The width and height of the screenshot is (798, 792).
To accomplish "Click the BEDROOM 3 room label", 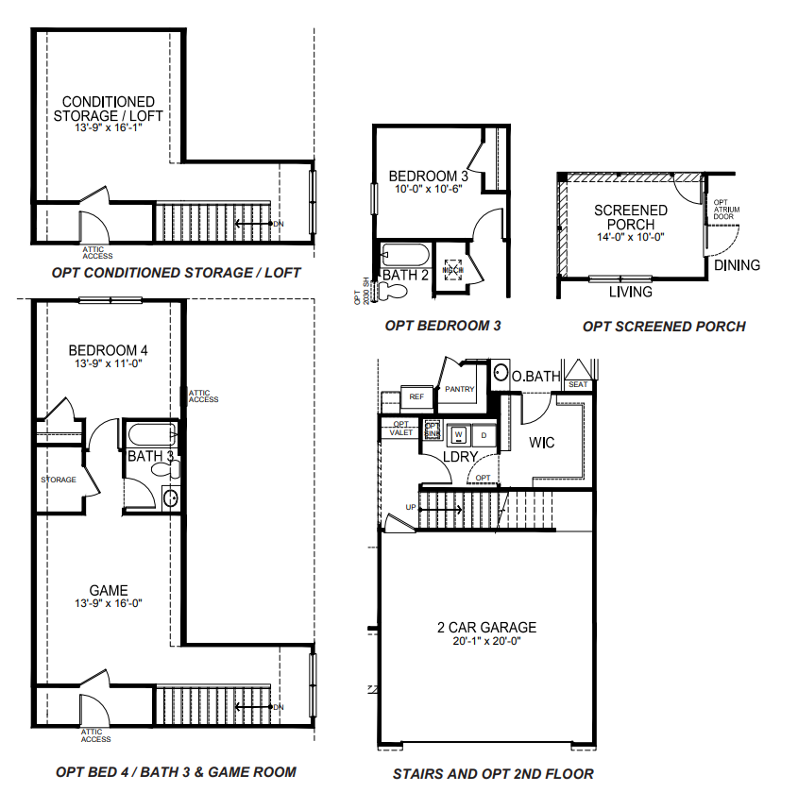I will pos(429,176).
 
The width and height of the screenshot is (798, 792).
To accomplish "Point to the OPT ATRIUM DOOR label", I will pos(722,209).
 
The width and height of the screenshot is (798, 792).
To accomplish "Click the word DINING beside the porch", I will pos(737,265).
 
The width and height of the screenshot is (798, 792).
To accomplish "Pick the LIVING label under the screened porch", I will pos(630,292).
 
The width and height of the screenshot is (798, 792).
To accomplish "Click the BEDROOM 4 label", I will pos(109,350).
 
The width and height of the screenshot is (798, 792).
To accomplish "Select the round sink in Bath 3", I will pos(170,497).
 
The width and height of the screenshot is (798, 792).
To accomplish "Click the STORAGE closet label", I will pos(59,480).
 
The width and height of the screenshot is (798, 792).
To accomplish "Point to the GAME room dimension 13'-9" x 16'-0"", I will pos(109,603).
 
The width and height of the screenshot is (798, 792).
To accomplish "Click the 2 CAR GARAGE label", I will pos(487,627).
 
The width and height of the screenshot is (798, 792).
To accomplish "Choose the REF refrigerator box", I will pos(416,397).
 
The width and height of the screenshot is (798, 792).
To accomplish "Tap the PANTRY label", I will pos(459,389).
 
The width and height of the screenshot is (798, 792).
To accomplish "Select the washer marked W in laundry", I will pos(461,435).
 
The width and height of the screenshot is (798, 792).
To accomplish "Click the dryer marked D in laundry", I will pos(484,435).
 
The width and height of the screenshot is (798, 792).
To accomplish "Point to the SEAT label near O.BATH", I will pos(578,384).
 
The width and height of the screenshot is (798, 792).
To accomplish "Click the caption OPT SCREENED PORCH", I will pos(664,327).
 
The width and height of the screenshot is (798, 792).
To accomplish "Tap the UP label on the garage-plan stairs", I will pos(410,507).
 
